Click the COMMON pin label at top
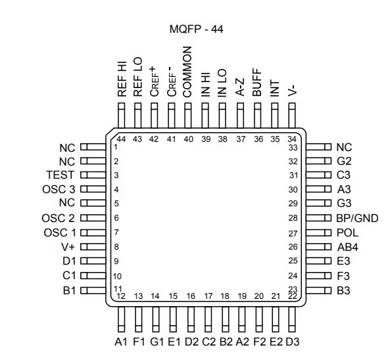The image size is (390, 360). point(187,72)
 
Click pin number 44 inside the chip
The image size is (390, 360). point(121,139)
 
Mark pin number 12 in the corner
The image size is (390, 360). point(122,296)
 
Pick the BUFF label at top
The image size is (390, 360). point(257,83)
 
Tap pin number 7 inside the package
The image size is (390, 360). point(116,233)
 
